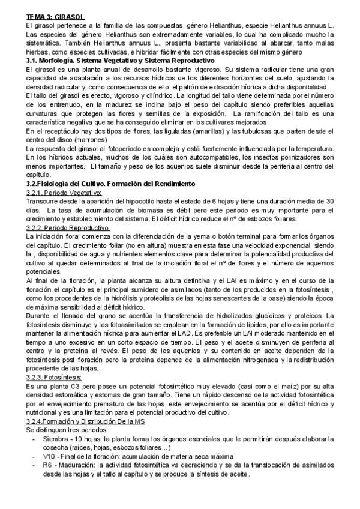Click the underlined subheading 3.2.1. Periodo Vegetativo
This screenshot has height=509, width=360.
pyautogui.click(x=65, y=192)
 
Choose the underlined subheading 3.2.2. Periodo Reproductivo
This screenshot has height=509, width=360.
pyautogui.click(x=68, y=227)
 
